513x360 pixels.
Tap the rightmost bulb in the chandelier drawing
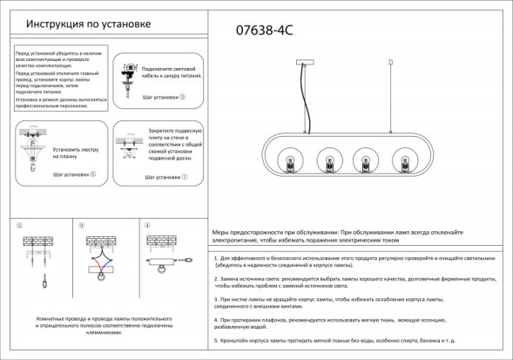(403, 160)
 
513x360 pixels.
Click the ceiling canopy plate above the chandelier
(307, 62)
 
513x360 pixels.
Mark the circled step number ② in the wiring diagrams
(19, 226)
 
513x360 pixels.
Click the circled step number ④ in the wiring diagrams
(147, 226)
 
